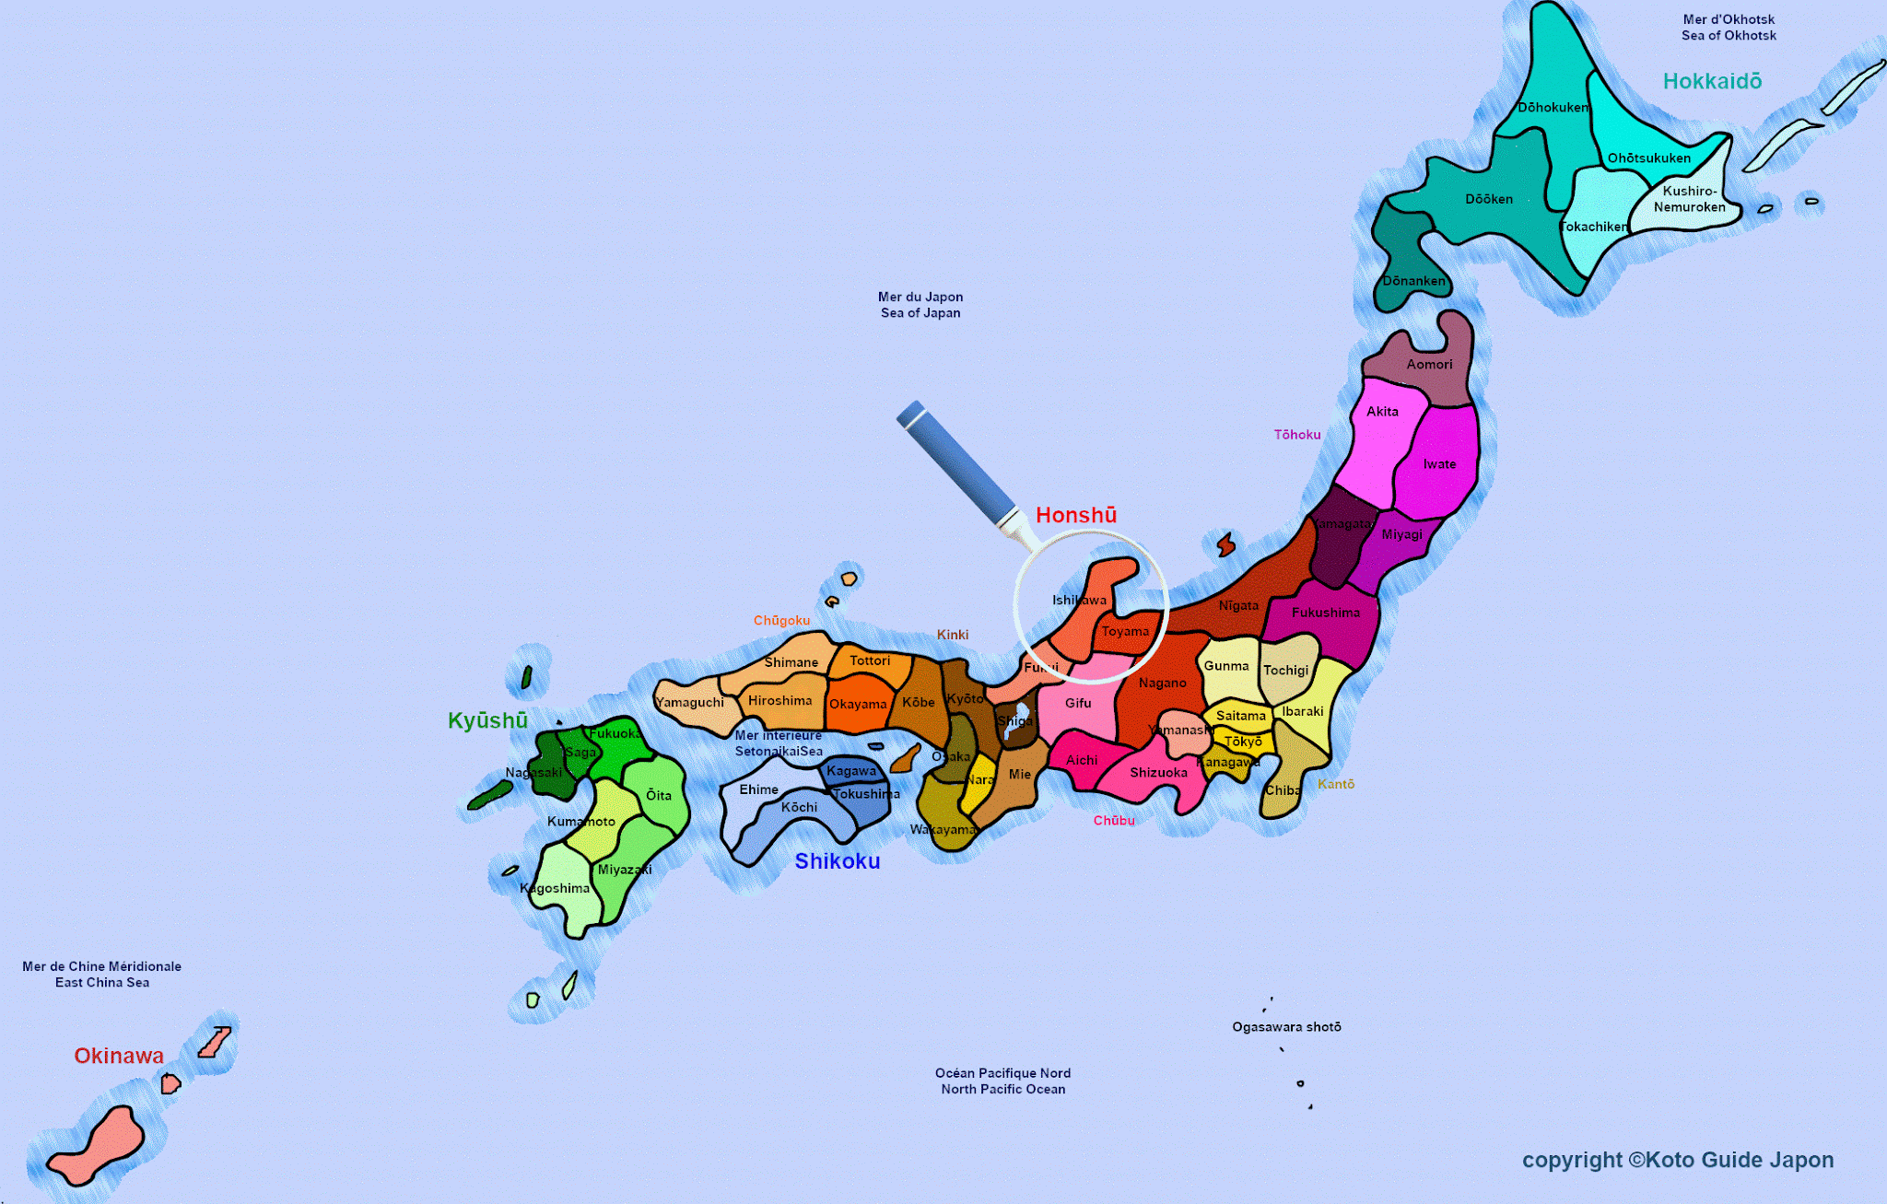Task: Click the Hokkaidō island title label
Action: (1712, 81)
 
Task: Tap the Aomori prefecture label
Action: (1429, 365)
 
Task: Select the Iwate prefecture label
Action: (1439, 464)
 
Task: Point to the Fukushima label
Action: (1325, 613)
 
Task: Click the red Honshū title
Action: (1076, 515)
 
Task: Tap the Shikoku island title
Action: (838, 861)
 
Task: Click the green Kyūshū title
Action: (487, 720)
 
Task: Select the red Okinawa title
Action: (119, 1056)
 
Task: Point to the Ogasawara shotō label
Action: (1286, 1027)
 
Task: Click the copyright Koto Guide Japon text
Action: (1678, 1160)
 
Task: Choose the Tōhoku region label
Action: (1297, 435)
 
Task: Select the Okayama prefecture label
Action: (858, 705)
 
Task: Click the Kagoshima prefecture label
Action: (555, 888)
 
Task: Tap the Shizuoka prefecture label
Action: (1158, 773)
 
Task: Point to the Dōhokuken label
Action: (1553, 108)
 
